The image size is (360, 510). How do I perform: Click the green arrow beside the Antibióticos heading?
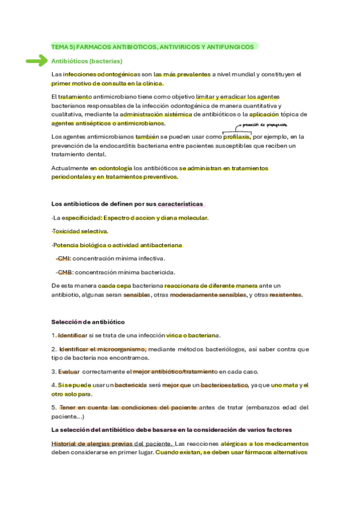[37, 61]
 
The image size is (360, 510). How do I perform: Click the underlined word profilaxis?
[237, 137]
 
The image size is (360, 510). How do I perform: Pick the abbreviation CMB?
[64, 272]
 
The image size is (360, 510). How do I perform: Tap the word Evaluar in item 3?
[69, 372]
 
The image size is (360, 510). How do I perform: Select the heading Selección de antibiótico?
[88, 322]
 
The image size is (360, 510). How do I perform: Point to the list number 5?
[53, 407]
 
